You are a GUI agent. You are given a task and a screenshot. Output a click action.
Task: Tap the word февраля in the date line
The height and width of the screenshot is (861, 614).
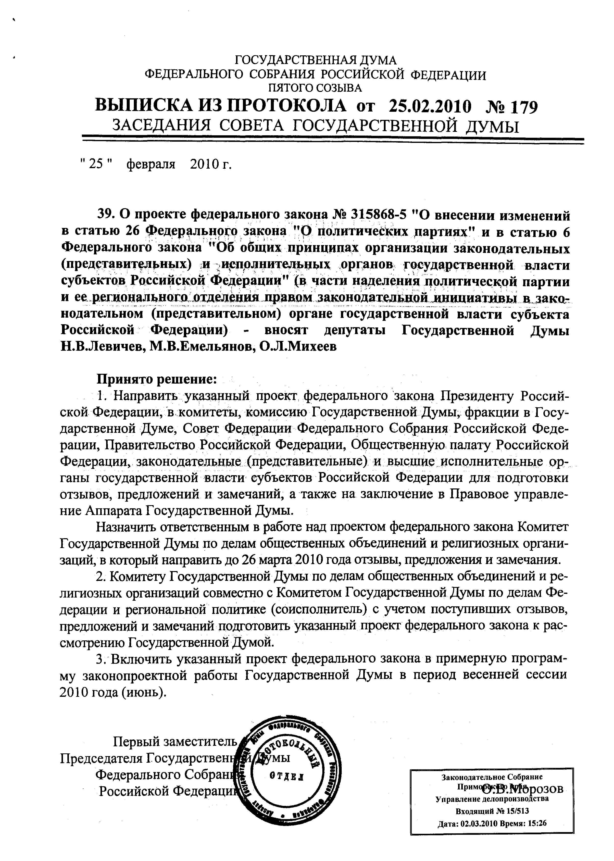pos(151,164)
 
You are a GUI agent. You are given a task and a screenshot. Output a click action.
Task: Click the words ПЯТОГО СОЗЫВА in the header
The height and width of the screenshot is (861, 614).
pos(314,88)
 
